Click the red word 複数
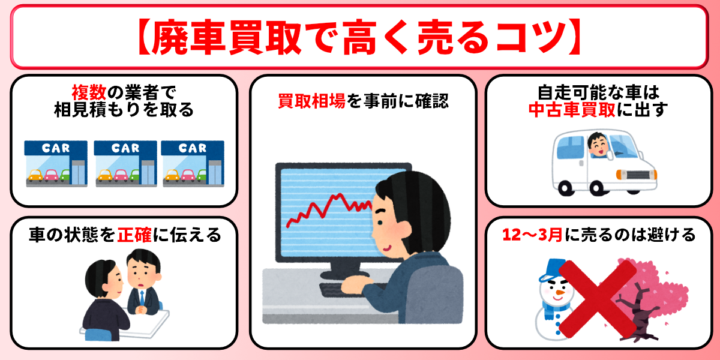coord(89,92)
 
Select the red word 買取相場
coord(311,101)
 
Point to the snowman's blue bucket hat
coord(550,272)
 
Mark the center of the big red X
coord(596,298)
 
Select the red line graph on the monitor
coord(327,207)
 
